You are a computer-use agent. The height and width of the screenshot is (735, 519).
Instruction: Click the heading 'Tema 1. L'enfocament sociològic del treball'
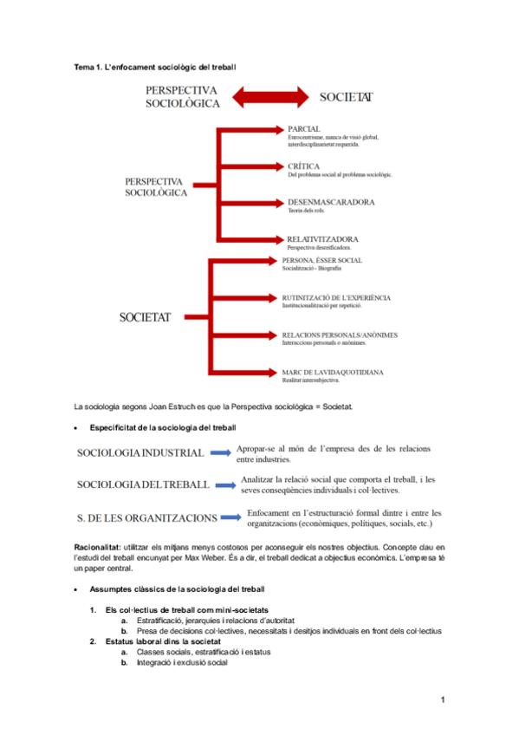pos(155,67)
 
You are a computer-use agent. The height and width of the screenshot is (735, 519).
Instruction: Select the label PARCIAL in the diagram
pos(304,128)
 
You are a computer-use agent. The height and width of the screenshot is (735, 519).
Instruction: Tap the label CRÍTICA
pos(304,166)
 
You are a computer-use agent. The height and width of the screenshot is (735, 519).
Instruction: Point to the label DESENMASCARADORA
pos(331,202)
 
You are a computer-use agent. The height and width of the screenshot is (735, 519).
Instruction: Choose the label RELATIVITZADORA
pos(323,238)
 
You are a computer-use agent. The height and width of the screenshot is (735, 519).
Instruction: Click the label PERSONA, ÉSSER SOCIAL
pos(322,260)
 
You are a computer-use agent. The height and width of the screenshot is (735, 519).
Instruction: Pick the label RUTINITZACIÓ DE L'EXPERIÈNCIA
pos(337,297)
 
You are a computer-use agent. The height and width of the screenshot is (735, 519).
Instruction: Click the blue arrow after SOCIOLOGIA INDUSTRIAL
pos(220,452)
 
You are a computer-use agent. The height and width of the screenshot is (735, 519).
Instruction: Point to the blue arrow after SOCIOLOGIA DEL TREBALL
pos(224,485)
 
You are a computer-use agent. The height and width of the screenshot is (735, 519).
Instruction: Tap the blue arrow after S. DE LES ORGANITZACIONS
pos(230,517)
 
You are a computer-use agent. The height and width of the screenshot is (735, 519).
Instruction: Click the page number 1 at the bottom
pos(442,699)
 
